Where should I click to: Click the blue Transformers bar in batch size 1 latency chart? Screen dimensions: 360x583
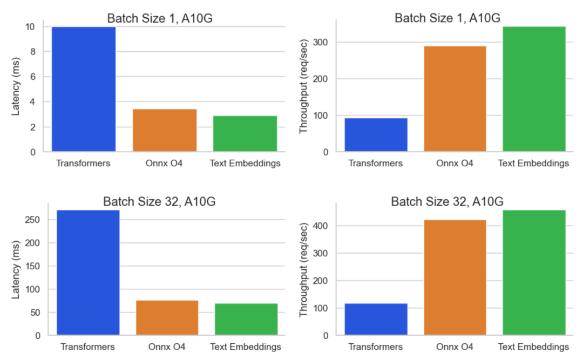pyautogui.click(x=84, y=89)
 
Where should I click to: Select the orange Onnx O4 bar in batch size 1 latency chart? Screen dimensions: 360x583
pyautogui.click(x=164, y=130)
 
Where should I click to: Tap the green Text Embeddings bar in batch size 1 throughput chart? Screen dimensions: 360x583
pyautogui.click(x=534, y=89)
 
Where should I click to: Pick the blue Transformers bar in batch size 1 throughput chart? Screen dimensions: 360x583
pyautogui.click(x=376, y=135)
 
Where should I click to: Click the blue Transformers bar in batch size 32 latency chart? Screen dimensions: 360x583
pyautogui.click(x=87, y=273)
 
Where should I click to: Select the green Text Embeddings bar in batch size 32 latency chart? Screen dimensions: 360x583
pyautogui.click(x=246, y=319)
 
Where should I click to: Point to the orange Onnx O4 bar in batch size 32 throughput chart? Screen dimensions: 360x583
pyautogui.click(x=455, y=277)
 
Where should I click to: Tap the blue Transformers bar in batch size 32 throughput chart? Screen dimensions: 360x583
pyautogui.click(x=376, y=319)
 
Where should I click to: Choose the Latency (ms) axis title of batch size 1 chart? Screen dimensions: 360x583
pyautogui.click(x=16, y=89)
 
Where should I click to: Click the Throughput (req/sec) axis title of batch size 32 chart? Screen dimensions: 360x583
pyautogui.click(x=304, y=270)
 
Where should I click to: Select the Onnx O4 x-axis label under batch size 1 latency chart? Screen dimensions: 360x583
pyautogui.click(x=164, y=163)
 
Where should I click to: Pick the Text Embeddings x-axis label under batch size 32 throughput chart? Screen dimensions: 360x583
pyautogui.click(x=534, y=347)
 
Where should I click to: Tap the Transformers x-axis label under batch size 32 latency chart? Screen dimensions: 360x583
pyautogui.click(x=87, y=347)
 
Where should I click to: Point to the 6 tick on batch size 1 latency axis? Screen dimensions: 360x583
pyautogui.click(x=32, y=77)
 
